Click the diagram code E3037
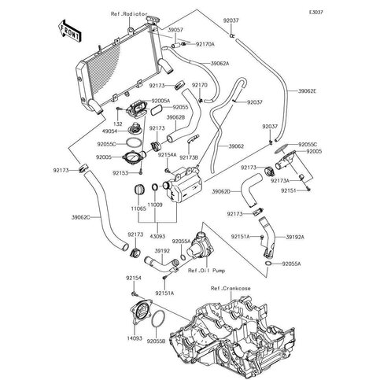click(360, 13)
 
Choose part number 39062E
click(309, 92)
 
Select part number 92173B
click(188, 158)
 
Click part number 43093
click(158, 234)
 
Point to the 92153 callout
click(120, 172)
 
